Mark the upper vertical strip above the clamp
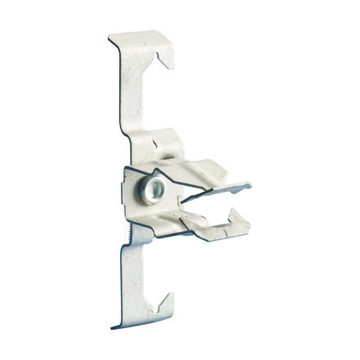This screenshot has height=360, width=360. click(126, 94)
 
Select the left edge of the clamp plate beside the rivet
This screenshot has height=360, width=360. click(126, 184)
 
